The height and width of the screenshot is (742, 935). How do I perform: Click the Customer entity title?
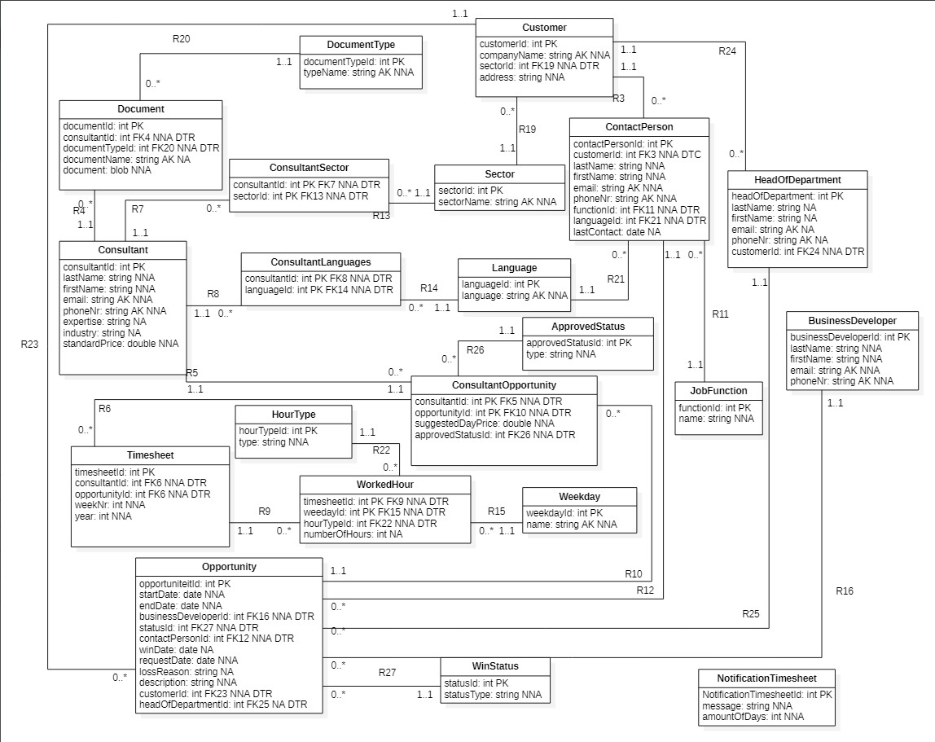544,28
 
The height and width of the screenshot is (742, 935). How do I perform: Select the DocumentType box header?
361,44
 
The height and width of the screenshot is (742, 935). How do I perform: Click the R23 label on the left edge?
30,344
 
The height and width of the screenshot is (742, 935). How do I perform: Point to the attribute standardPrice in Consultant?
121,345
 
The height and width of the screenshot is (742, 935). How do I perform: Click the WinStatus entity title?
494,666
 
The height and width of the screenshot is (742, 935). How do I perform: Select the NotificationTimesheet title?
766,678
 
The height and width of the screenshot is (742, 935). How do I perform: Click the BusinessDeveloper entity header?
852,320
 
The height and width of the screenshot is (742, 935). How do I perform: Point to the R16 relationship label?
845,591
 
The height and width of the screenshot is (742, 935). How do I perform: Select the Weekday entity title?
579,497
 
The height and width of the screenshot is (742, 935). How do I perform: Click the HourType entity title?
293,414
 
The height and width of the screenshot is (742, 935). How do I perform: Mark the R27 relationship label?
388,673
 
